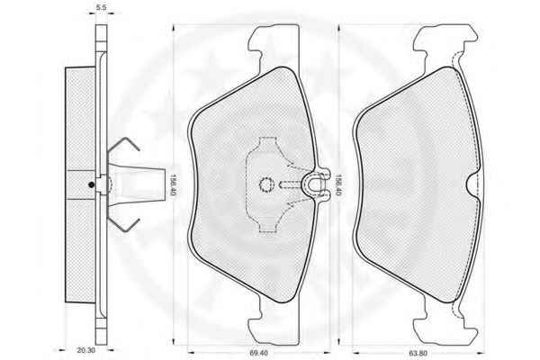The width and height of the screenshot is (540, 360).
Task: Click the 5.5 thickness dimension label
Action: [101, 7]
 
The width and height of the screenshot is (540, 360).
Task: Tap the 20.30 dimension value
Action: [85, 350]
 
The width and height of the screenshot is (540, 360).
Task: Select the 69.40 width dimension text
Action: [258, 353]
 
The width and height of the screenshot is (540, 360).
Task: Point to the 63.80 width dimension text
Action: [418, 353]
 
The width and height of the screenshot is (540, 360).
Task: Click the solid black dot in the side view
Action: [91, 184]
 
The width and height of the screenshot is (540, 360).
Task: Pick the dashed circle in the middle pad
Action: [265, 185]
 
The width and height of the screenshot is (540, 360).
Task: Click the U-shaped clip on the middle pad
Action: [316, 185]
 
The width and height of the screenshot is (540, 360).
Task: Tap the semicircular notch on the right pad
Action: [472, 185]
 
